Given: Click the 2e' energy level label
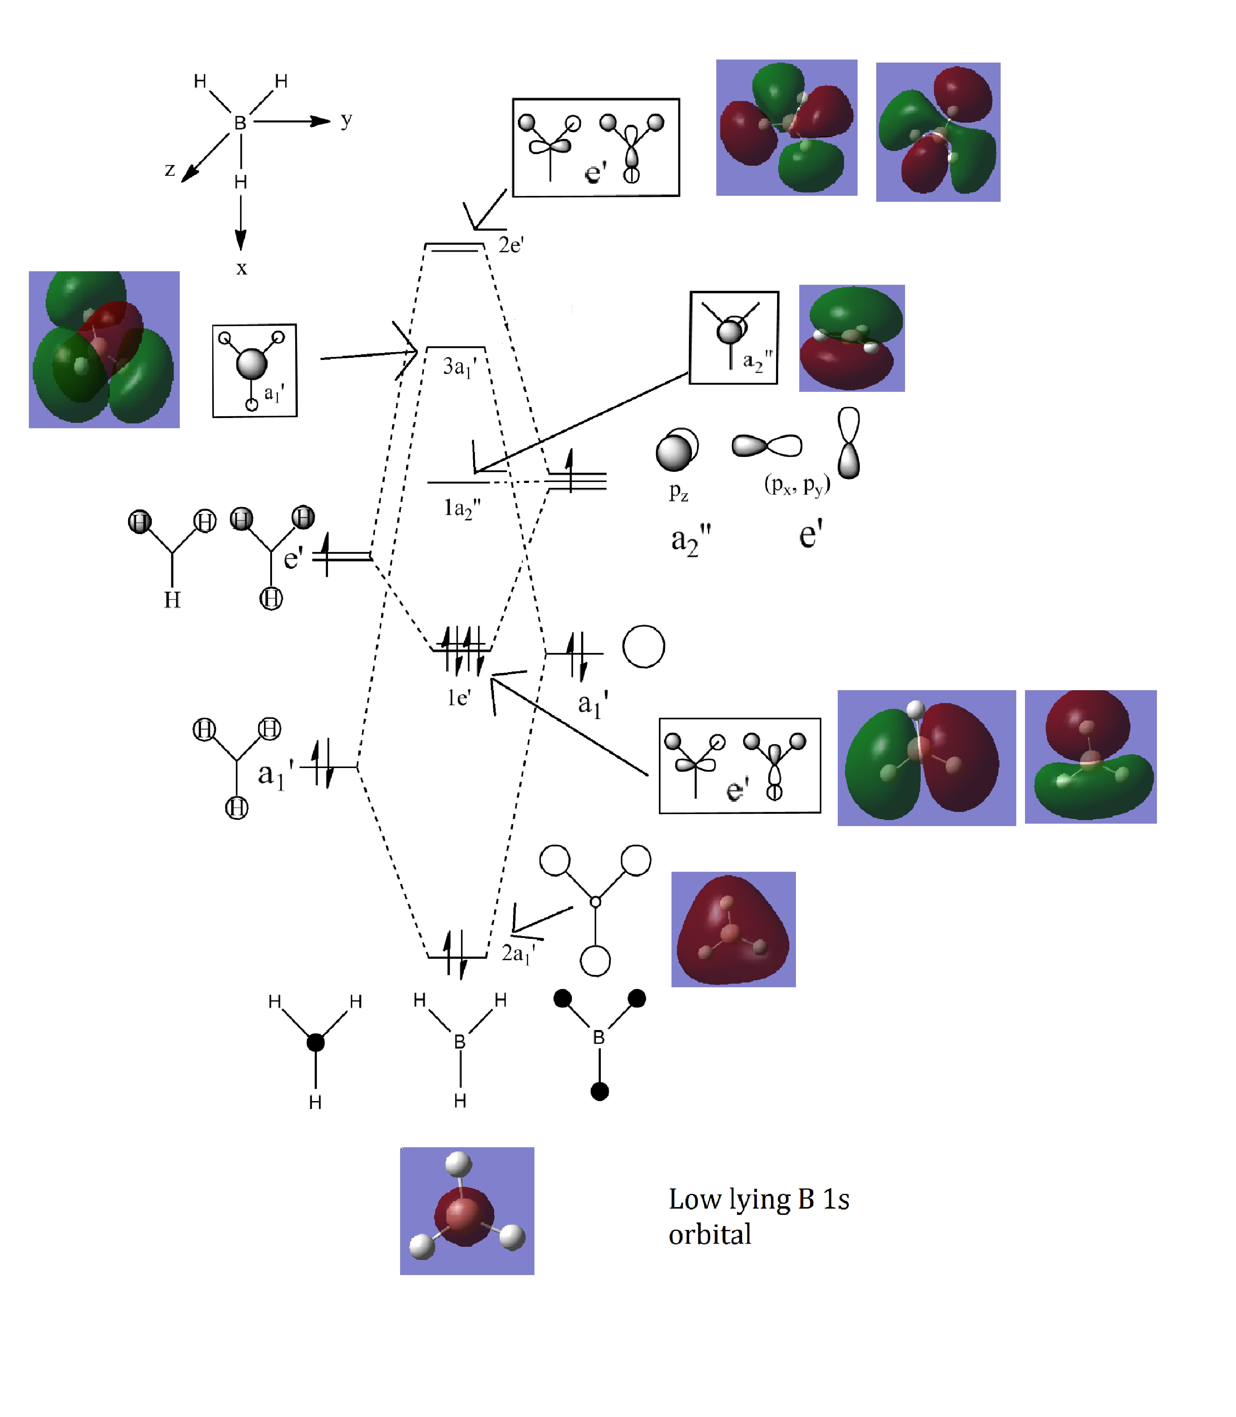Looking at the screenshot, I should click(511, 245).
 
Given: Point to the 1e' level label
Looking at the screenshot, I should click(459, 697).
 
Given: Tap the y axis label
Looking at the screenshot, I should click(346, 120).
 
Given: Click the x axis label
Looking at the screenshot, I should click(241, 268).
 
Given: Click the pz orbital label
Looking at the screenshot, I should click(679, 491).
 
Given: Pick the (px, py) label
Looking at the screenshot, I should click(797, 484).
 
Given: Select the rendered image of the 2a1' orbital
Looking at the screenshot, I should click(733, 929).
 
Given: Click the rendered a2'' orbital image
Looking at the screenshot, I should click(852, 338).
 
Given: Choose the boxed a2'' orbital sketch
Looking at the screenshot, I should click(734, 337).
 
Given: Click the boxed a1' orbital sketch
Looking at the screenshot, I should click(255, 370).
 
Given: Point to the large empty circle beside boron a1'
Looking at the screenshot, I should click(644, 647).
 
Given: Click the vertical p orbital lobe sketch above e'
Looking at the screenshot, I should click(848, 442).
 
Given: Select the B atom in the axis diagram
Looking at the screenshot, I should click(240, 123).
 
